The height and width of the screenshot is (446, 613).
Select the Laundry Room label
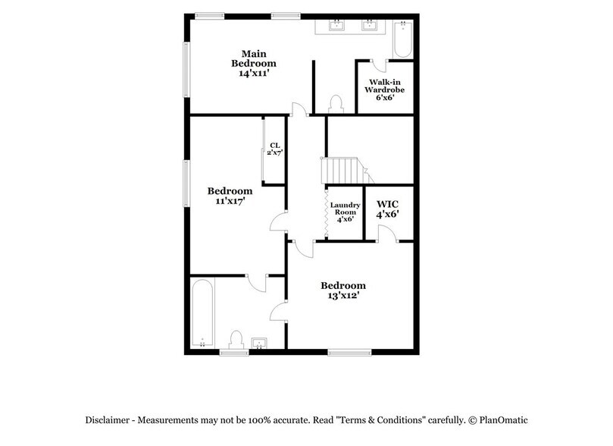345,213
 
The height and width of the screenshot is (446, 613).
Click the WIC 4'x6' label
387,209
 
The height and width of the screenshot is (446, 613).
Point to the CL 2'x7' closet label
274,149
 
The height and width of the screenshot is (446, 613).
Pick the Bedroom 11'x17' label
230,196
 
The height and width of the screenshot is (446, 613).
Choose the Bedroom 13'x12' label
343,291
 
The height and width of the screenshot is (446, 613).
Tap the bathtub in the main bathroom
402,39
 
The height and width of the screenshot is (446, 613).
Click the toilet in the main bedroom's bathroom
334,102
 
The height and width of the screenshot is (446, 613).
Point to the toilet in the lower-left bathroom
236,338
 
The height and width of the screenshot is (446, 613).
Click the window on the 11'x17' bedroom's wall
186,183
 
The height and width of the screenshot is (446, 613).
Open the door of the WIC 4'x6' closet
386,234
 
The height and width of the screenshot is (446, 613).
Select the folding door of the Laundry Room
327,213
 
